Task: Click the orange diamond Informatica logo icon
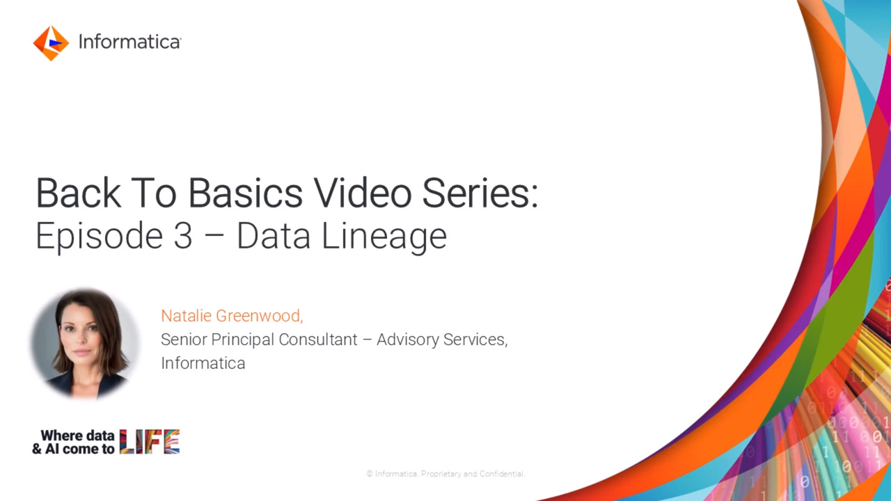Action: click(51, 43)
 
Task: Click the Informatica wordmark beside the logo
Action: click(129, 42)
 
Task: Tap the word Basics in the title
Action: click(245, 193)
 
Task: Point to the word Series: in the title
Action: click(480, 193)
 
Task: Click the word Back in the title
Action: click(79, 193)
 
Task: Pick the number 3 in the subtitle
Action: click(182, 236)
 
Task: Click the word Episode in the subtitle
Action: click(100, 237)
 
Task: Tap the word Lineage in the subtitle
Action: click(384, 237)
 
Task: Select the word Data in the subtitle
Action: click(274, 236)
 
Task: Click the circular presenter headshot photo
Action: click(85, 344)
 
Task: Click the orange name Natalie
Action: click(186, 316)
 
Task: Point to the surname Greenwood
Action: click(260, 316)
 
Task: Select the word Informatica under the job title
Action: click(203, 363)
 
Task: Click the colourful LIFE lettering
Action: click(150, 442)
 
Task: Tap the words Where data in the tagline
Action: click(77, 436)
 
